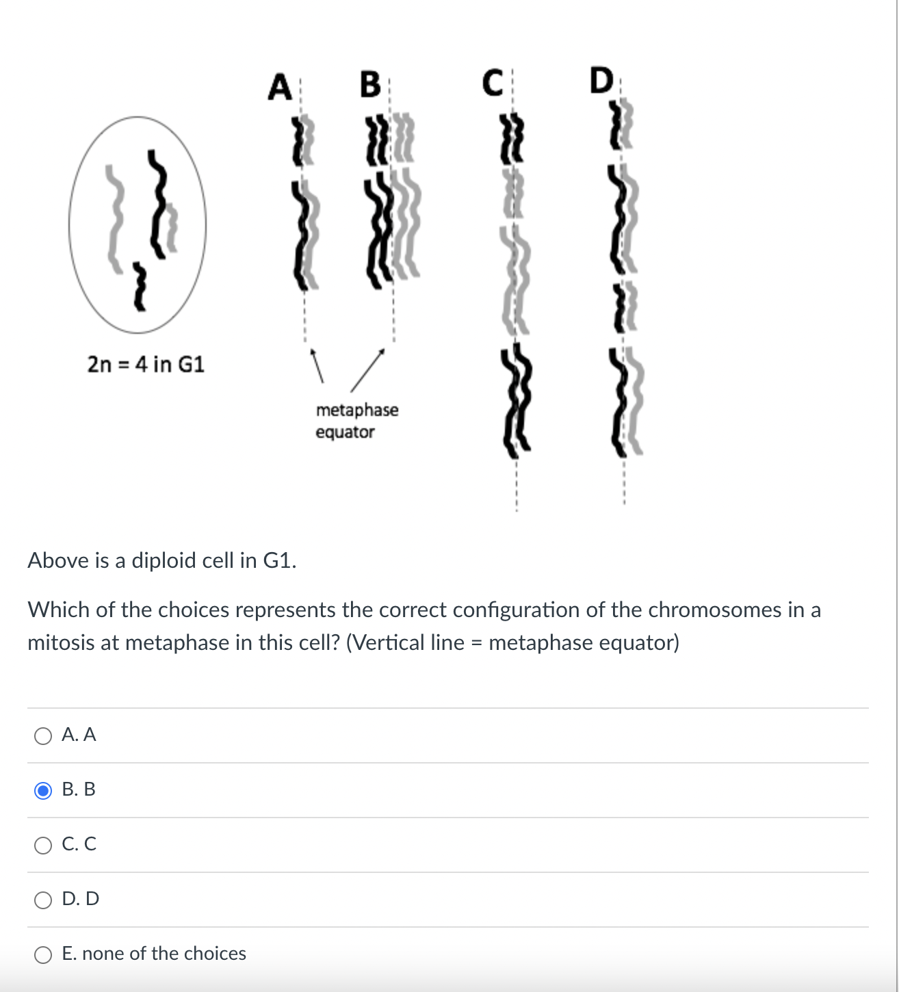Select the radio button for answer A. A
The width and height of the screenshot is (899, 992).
coord(43,736)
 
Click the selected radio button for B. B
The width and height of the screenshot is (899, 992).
coord(43,791)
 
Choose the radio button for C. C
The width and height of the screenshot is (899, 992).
coord(43,846)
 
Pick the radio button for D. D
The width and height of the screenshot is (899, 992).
coord(43,900)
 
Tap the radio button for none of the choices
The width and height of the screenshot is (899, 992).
coord(43,955)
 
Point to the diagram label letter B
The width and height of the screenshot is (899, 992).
coord(370,85)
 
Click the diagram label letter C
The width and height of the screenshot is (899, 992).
coord(493,83)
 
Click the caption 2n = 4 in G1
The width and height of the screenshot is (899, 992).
coord(146,364)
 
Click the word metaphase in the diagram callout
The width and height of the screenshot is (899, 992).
coord(356,410)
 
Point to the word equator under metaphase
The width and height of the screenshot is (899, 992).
coord(345,432)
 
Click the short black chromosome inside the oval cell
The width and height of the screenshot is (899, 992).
coord(140,285)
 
